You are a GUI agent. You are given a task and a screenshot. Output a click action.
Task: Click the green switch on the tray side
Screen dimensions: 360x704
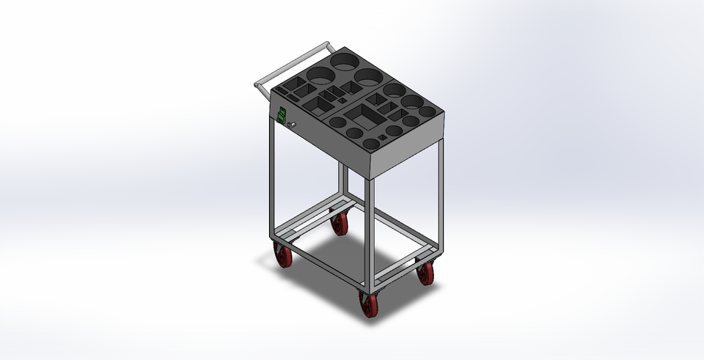pyautogui.click(x=281, y=115)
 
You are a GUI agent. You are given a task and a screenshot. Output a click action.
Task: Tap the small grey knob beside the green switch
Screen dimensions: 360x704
pyautogui.click(x=291, y=125)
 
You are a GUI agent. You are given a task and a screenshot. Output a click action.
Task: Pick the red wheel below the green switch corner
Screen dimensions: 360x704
pyautogui.click(x=283, y=255)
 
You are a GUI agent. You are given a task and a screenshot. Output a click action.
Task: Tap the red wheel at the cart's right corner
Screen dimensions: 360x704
pyautogui.click(x=425, y=273)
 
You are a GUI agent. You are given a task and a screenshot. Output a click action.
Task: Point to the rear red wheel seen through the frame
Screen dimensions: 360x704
pyautogui.click(x=339, y=223)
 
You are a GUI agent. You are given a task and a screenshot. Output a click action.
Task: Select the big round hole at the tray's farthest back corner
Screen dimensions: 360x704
pyautogui.click(x=344, y=61)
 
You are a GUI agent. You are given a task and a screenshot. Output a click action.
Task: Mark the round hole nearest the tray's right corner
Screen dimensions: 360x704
pyautogui.click(x=427, y=112)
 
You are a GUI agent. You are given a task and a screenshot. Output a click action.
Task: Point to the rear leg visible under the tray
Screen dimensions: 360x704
pyautogui.click(x=342, y=183)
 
